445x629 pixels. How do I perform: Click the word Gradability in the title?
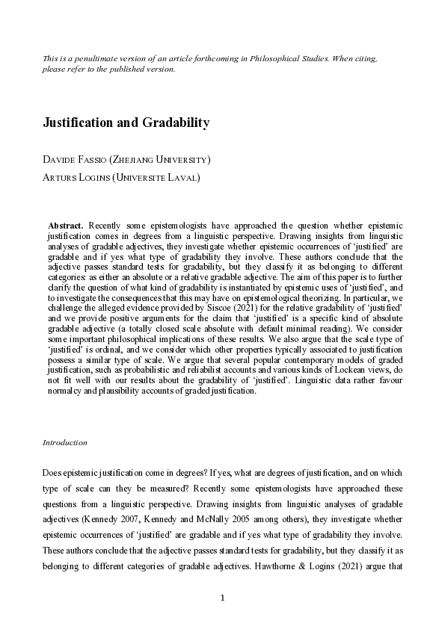(x=174, y=123)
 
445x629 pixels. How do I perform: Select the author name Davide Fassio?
(x=73, y=160)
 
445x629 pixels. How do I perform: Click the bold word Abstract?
(x=66, y=224)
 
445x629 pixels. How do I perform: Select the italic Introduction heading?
(x=65, y=442)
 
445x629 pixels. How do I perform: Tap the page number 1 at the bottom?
(x=222, y=598)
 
